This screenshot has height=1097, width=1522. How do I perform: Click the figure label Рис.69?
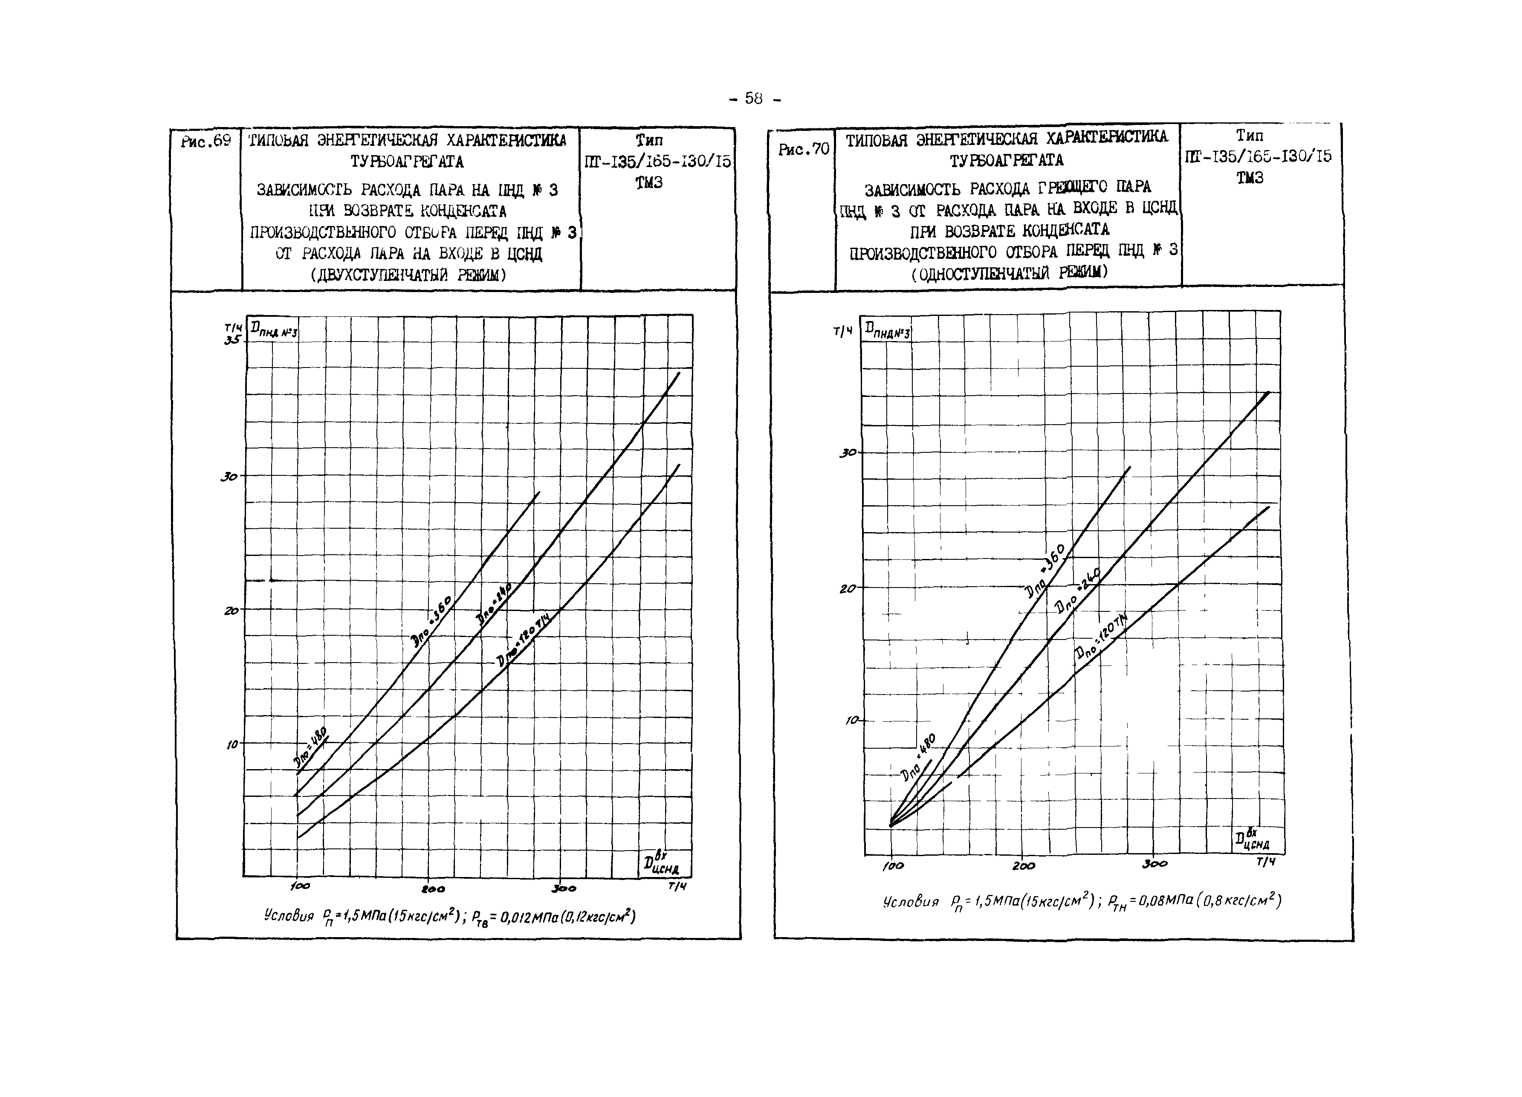(x=205, y=141)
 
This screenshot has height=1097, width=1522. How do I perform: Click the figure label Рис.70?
(x=803, y=149)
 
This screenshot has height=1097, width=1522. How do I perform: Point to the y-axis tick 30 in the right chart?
(x=848, y=454)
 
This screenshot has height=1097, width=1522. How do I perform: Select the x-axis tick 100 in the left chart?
(x=300, y=887)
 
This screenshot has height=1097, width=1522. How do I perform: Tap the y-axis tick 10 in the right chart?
(x=851, y=721)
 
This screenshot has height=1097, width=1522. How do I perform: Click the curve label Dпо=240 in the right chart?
(x=1076, y=590)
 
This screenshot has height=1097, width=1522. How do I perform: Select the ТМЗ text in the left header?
(x=648, y=182)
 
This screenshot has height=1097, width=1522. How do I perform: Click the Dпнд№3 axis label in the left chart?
(x=273, y=330)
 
